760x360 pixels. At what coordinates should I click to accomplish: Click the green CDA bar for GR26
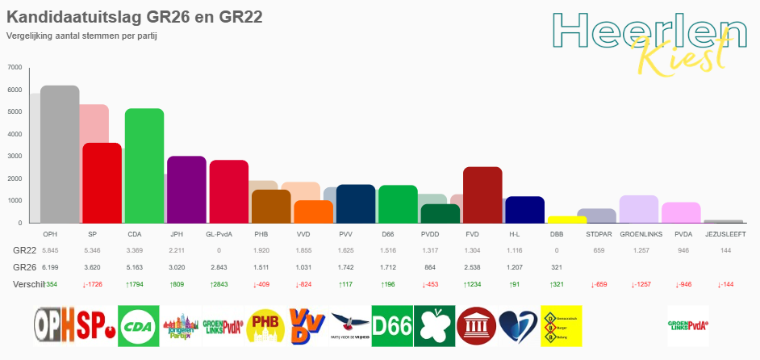pos(144,166)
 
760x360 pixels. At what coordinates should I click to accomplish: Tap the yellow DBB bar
pos(567,220)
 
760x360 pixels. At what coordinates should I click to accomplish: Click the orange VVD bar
pos(313,211)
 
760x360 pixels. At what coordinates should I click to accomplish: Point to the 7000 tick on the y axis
pos(15,67)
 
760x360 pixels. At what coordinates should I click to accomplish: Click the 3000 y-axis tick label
pos(15,156)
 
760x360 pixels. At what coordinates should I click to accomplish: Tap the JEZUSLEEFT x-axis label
pos(724,233)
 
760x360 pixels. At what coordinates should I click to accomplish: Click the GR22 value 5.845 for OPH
pos(50,250)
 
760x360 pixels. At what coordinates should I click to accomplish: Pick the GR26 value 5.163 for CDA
pos(135,266)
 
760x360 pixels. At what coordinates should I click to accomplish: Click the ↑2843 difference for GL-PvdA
pos(219,284)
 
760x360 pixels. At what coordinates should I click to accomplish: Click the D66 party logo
pos(391,325)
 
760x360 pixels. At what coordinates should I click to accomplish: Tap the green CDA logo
pos(138,325)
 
